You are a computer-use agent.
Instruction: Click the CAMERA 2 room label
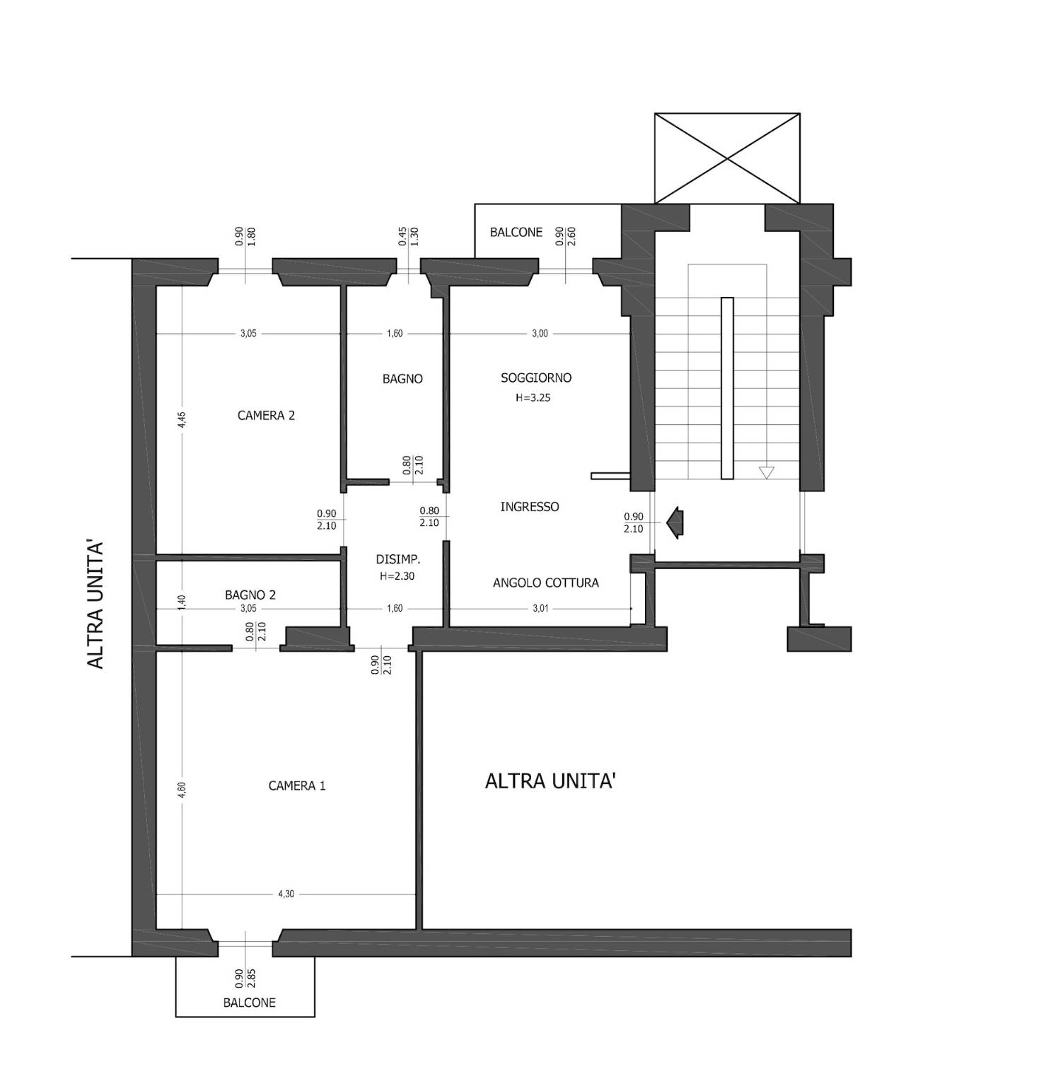[266, 416]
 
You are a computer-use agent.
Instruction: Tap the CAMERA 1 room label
[297, 786]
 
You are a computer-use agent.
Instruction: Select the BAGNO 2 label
[250, 595]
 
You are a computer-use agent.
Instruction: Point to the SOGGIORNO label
[536, 378]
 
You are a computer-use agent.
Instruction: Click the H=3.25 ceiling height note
[533, 398]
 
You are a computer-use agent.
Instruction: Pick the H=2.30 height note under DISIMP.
[397, 576]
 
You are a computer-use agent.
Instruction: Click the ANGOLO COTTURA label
[546, 583]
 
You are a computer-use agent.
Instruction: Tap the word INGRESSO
[530, 507]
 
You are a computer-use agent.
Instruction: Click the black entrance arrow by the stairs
[675, 522]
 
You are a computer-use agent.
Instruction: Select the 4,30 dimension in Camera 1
[286, 894]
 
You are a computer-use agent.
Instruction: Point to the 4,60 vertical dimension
[182, 790]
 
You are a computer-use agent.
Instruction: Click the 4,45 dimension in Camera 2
[182, 420]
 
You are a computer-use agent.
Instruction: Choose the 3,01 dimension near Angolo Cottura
[540, 608]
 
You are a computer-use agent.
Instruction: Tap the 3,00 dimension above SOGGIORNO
[540, 334]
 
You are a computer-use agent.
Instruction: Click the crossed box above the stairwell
[727, 158]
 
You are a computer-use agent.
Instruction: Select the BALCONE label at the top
[516, 233]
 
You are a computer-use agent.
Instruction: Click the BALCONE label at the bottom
[250, 1003]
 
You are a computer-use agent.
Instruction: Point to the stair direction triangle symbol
[766, 472]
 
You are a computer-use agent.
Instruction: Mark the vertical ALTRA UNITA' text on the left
[95, 605]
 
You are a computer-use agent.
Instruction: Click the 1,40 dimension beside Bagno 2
[182, 602]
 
